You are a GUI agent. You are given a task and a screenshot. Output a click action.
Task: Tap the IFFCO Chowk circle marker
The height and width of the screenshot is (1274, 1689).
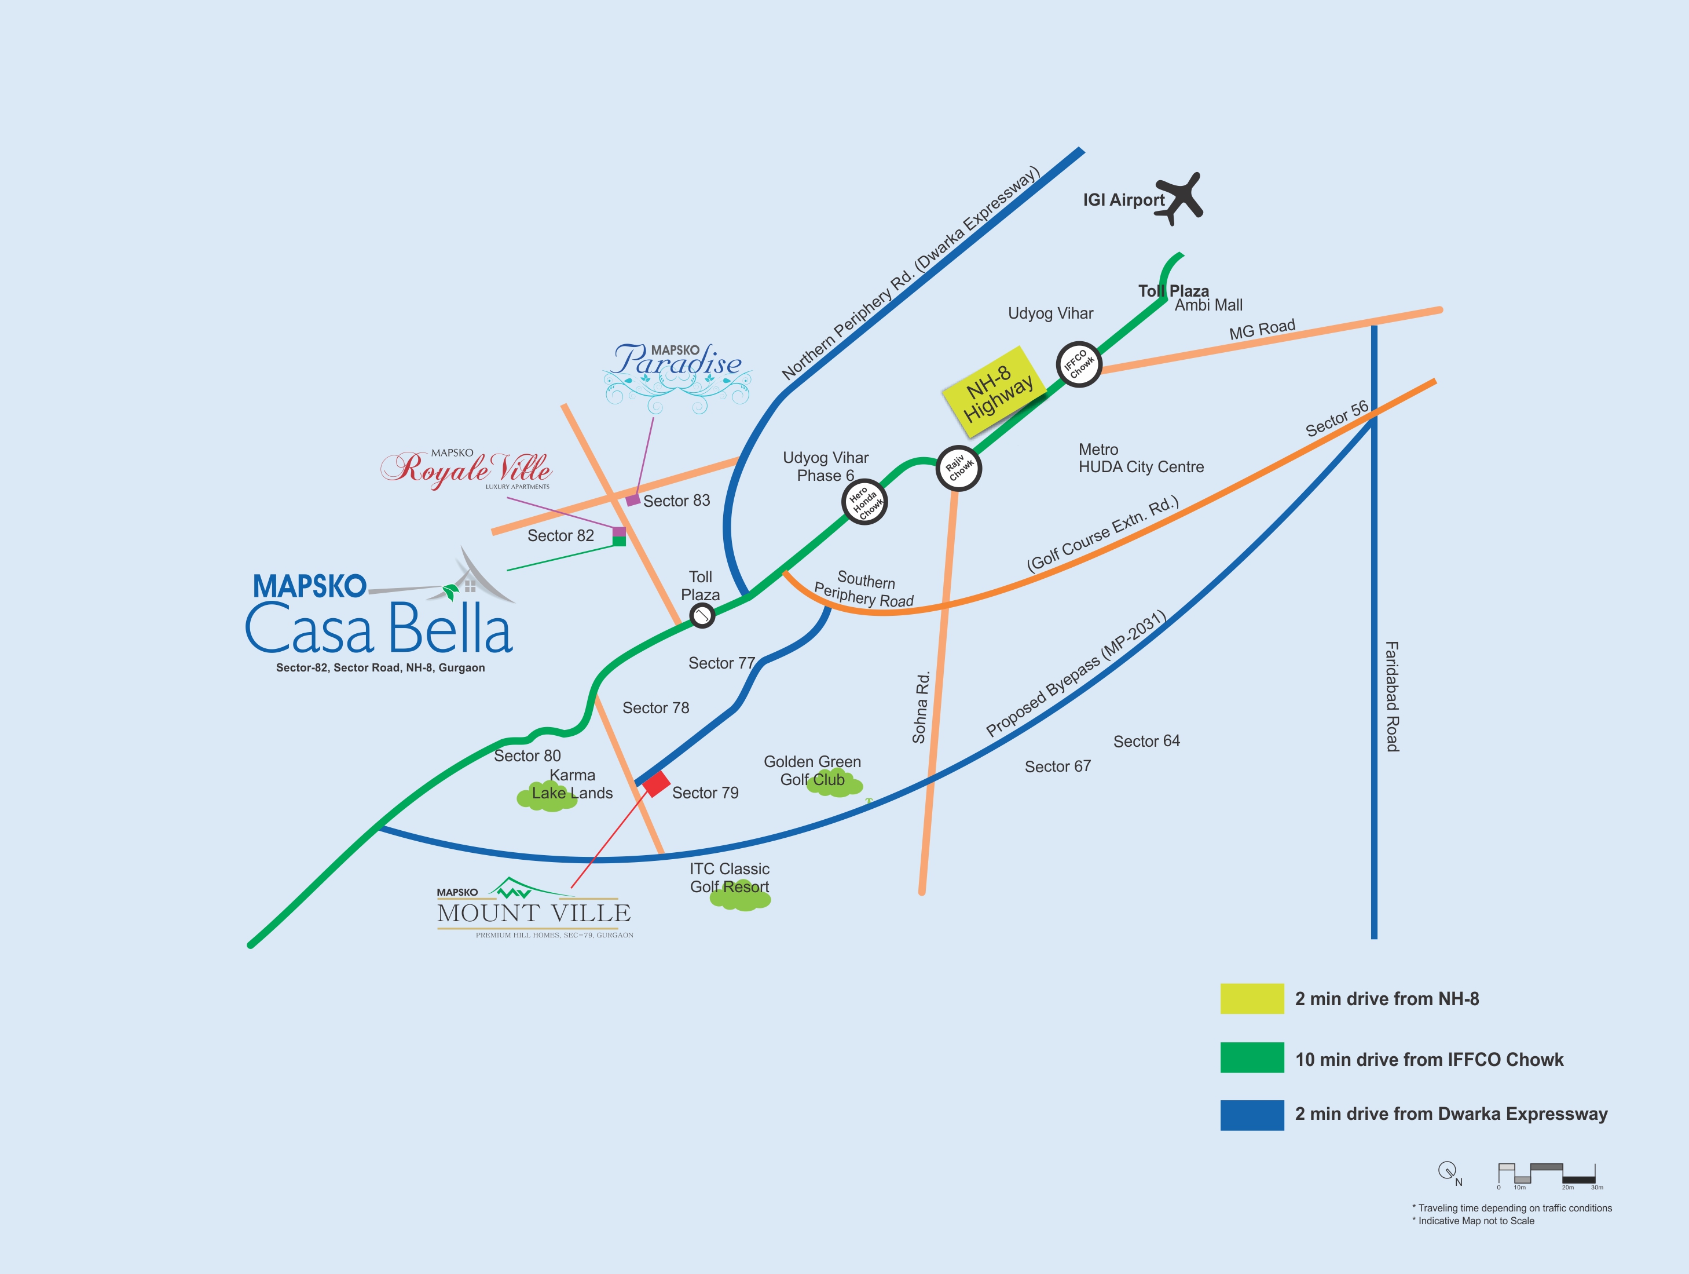pyautogui.click(x=1078, y=364)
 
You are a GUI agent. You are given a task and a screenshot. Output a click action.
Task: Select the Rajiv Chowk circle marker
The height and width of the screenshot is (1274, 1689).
pyautogui.click(x=958, y=468)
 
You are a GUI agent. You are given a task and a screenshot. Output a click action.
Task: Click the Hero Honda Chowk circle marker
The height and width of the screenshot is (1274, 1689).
pyautogui.click(x=864, y=502)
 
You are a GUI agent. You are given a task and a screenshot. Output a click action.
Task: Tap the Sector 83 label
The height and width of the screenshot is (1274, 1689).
pyautogui.click(x=676, y=501)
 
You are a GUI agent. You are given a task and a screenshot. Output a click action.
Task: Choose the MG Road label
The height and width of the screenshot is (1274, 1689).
pyautogui.click(x=1262, y=329)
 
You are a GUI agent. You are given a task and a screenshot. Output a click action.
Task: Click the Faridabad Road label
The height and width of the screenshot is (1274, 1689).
pyautogui.click(x=1392, y=696)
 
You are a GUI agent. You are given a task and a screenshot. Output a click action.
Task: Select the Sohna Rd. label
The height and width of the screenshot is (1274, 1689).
pyautogui.click(x=921, y=706)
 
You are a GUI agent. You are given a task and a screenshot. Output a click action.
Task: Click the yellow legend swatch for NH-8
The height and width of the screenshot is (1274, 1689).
pyautogui.click(x=1252, y=998)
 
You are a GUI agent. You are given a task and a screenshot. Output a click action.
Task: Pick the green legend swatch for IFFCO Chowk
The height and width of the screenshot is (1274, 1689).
pyautogui.click(x=1252, y=1058)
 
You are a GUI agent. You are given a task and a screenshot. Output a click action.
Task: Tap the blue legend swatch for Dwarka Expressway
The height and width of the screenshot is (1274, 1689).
pyautogui.click(x=1252, y=1115)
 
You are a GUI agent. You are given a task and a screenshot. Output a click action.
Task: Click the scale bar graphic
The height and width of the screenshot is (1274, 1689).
pyautogui.click(x=1547, y=1176)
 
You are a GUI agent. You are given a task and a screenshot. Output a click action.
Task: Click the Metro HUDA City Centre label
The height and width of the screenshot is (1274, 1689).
pyautogui.click(x=1141, y=458)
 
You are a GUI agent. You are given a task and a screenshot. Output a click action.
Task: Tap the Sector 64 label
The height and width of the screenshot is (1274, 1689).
pyautogui.click(x=1146, y=741)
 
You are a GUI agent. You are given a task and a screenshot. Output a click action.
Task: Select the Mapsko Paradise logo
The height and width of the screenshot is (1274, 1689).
pyautogui.click(x=677, y=377)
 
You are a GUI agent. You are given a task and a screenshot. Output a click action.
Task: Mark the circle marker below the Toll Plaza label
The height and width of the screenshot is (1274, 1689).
pyautogui.click(x=702, y=615)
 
